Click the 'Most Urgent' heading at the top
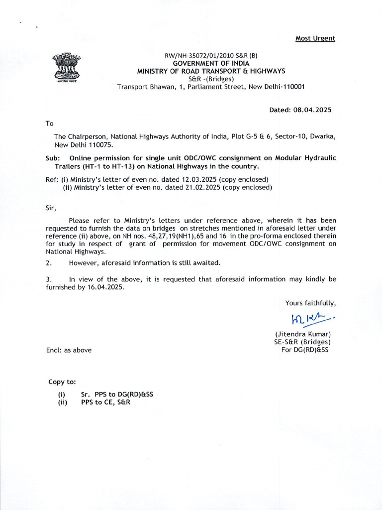(x=315, y=38)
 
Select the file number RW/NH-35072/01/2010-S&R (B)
(x=211, y=56)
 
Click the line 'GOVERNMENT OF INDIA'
(x=211, y=63)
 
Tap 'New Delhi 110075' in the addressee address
(x=84, y=145)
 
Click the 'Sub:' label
(x=52, y=158)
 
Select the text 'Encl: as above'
(x=68, y=350)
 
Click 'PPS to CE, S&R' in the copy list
(x=105, y=402)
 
